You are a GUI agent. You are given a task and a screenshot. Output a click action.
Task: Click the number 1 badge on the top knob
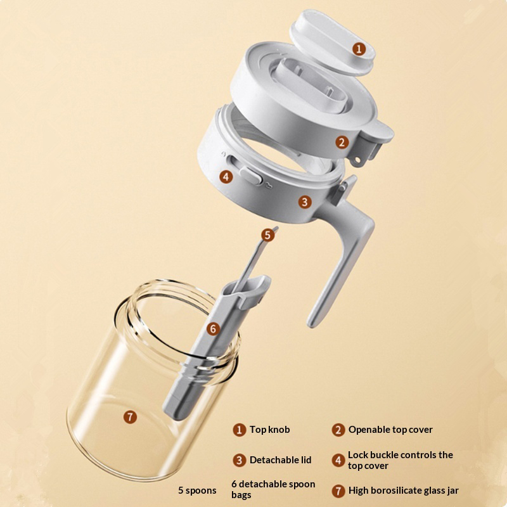359,49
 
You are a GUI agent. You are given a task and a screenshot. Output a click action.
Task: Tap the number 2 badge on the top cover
342,142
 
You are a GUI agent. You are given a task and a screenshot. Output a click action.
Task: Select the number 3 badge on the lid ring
304,202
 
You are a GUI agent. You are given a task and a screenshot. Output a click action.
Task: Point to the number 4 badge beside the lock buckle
226,177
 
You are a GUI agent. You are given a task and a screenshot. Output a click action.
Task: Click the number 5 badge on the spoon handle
267,235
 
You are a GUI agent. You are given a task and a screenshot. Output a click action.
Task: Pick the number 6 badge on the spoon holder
213,329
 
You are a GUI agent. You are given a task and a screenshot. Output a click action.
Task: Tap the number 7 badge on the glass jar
130,417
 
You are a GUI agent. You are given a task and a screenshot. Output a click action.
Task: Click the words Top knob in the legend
270,430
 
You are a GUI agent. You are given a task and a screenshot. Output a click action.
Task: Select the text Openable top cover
390,430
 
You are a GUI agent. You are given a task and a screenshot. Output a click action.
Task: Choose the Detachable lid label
280,460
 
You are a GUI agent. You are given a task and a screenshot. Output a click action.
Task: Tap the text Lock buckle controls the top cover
401,460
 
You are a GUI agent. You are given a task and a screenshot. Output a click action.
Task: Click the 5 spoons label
197,491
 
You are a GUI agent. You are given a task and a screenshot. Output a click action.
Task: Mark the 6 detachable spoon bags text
273,489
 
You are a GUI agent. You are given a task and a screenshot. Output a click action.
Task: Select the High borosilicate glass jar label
403,491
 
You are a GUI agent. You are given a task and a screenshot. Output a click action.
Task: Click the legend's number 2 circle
338,430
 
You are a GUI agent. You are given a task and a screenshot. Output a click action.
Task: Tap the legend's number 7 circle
338,491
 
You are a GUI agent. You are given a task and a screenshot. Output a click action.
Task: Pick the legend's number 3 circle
240,460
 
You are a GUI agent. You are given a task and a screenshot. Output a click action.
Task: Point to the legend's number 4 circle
338,460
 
